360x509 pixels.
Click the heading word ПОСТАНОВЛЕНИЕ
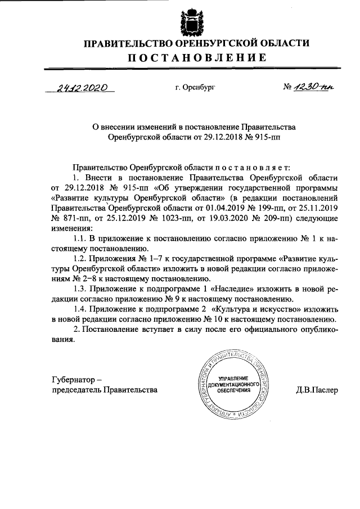pos(188,58)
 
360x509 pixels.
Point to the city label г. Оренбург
pos(195,88)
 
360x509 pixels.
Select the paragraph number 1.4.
pos(82,309)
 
